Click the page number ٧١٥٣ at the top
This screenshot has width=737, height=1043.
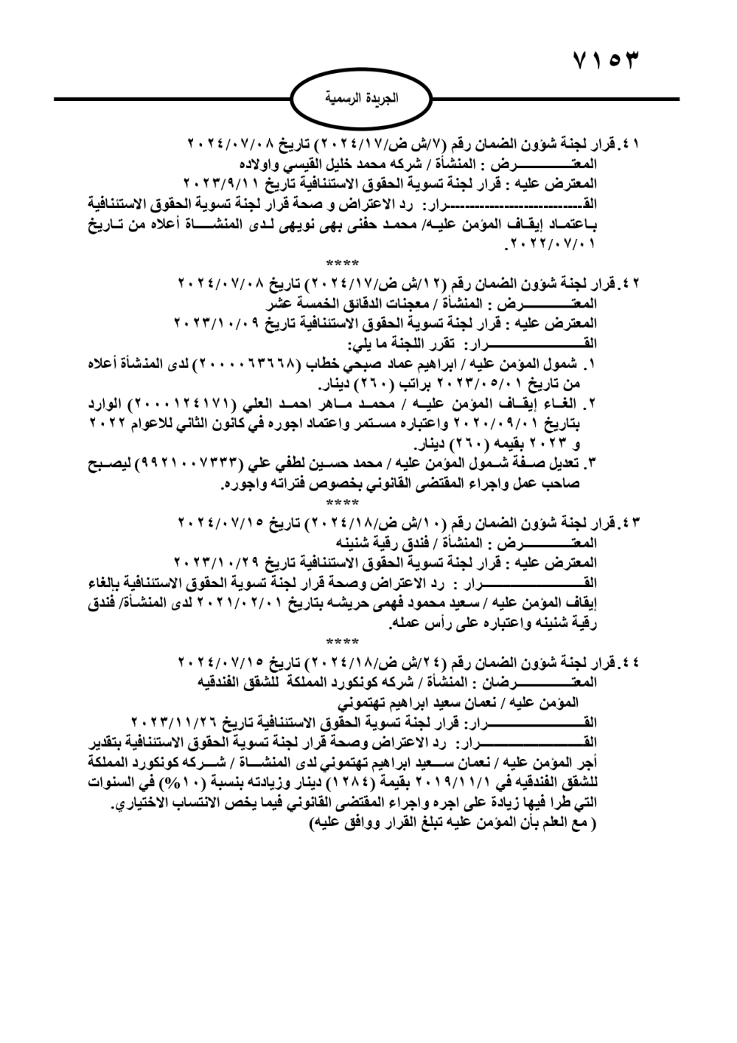[604, 60]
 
